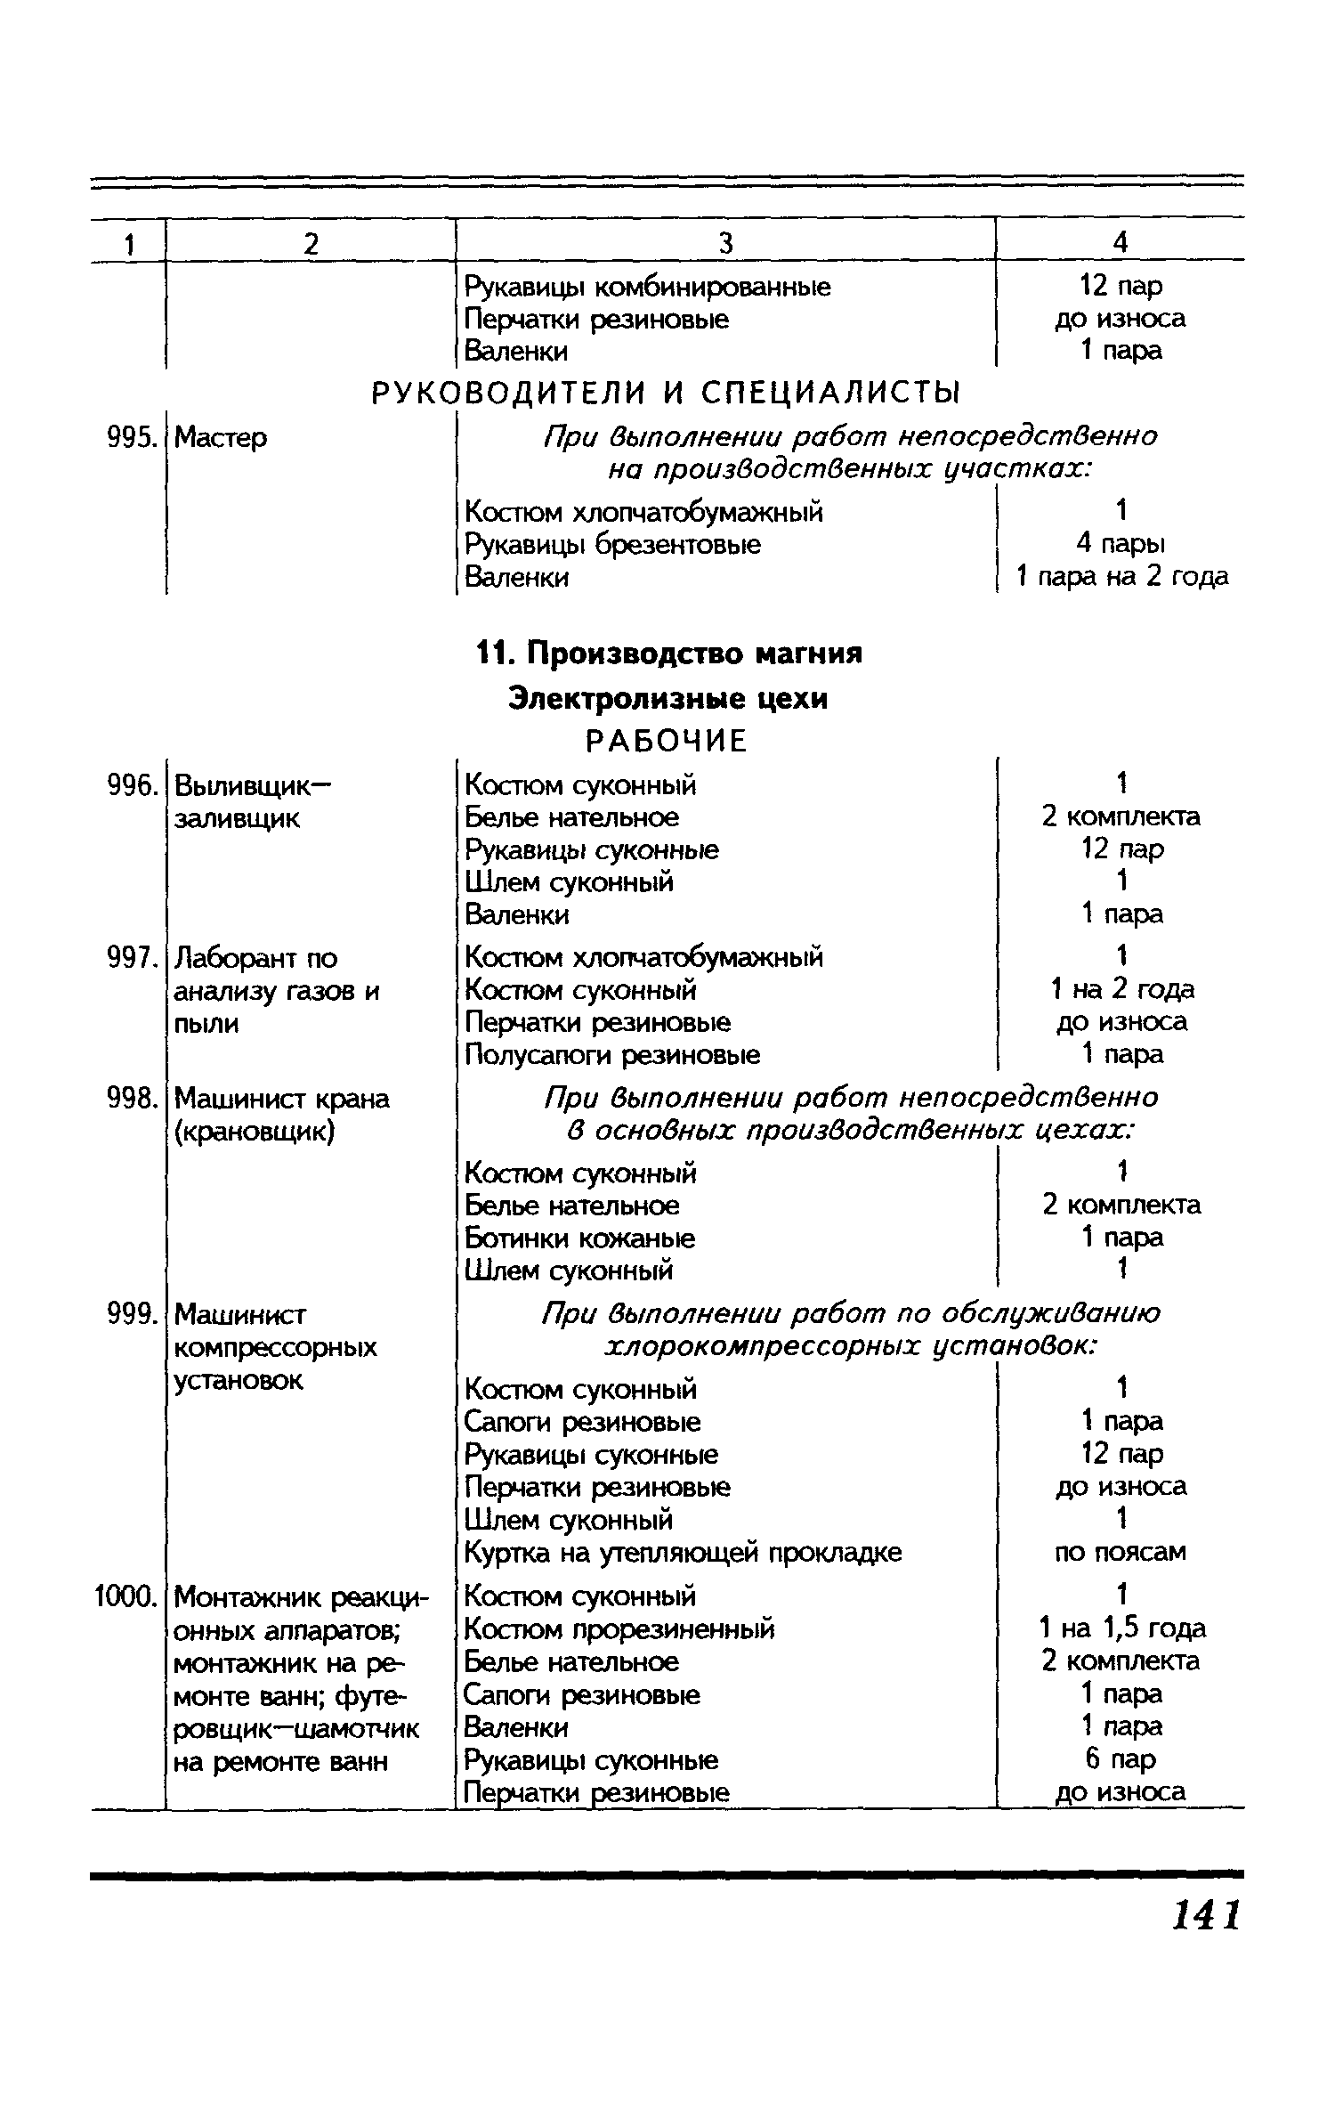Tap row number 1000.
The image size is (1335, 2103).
tap(125, 1597)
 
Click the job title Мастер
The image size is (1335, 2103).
tap(221, 437)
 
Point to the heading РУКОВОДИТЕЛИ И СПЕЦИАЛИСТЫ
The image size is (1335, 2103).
tap(667, 392)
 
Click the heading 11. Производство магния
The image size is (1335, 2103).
tap(669, 654)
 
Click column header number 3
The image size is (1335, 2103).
tap(725, 243)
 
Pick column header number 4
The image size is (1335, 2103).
tap(1121, 242)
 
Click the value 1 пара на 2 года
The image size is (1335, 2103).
tap(1121, 577)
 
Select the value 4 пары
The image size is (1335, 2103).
tap(1121, 544)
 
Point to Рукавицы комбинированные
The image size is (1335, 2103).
tap(648, 287)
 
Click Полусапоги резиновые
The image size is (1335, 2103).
tap(612, 1055)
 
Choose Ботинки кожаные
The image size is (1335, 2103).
tap(580, 1238)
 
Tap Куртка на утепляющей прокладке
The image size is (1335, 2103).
tap(683, 1553)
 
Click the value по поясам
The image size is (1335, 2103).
tap(1121, 1552)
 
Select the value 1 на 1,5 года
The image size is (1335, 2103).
tap(1121, 1629)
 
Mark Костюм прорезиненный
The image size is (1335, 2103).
tap(619, 1629)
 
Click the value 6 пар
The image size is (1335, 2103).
tap(1121, 1759)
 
